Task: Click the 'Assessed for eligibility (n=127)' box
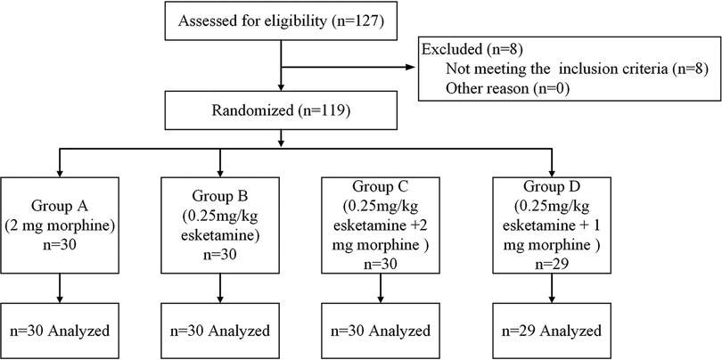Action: pyautogui.click(x=281, y=21)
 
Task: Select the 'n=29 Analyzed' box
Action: pyautogui.click(x=552, y=331)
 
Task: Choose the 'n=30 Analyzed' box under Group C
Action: pyautogui.click(x=384, y=331)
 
